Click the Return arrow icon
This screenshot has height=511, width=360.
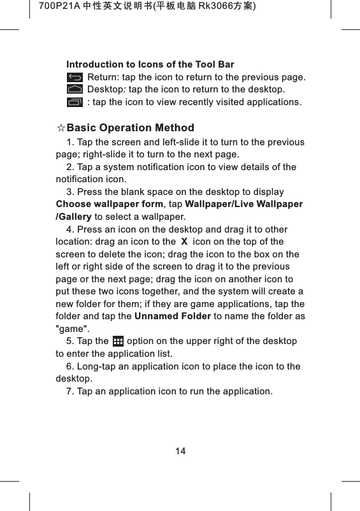click(75, 78)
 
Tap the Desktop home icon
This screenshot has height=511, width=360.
click(75, 89)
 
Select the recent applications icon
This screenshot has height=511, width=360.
click(75, 101)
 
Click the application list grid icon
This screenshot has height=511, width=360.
click(118, 342)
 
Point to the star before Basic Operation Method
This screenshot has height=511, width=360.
click(61, 128)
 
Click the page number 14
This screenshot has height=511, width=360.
click(180, 451)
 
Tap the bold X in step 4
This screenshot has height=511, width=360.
click(184, 242)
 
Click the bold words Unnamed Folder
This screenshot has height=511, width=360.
click(172, 317)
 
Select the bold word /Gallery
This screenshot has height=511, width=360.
click(74, 217)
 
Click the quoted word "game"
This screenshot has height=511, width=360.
click(73, 329)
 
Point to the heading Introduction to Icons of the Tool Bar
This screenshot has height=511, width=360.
click(150, 64)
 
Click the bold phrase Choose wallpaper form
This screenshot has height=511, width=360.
click(110, 205)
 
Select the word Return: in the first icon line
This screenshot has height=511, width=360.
click(102, 78)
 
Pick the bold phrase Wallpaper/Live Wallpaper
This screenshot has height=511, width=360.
click(243, 205)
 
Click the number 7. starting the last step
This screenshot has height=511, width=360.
click(70, 391)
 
